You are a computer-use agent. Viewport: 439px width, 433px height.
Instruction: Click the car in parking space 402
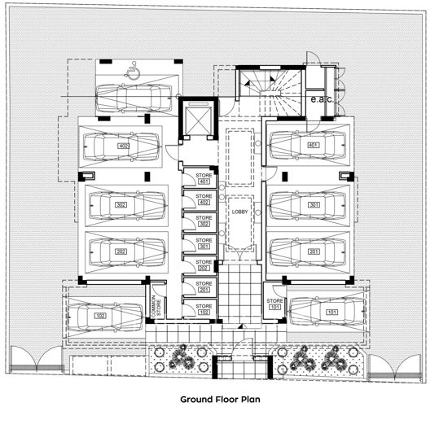pyautogui.click(x=123, y=147)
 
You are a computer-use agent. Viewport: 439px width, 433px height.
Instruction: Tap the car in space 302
pyautogui.click(x=123, y=204)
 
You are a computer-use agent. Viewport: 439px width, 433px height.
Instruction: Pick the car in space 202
pyautogui.click(x=123, y=252)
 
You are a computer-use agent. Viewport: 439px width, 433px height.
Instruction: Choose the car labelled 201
pyautogui.click(x=312, y=252)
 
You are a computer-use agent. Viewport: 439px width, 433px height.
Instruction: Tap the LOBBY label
pyautogui.click(x=239, y=212)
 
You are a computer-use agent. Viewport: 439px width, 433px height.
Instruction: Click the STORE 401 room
pyautogui.click(x=203, y=177)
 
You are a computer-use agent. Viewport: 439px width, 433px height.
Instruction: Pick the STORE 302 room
pyautogui.click(x=203, y=221)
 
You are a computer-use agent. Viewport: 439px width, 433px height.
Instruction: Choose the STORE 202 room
pyautogui.click(x=203, y=265)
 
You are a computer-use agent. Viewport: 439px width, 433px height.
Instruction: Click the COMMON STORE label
pyautogui.click(x=156, y=304)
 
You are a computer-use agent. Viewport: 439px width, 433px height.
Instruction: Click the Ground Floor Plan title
pyautogui.click(x=218, y=400)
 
